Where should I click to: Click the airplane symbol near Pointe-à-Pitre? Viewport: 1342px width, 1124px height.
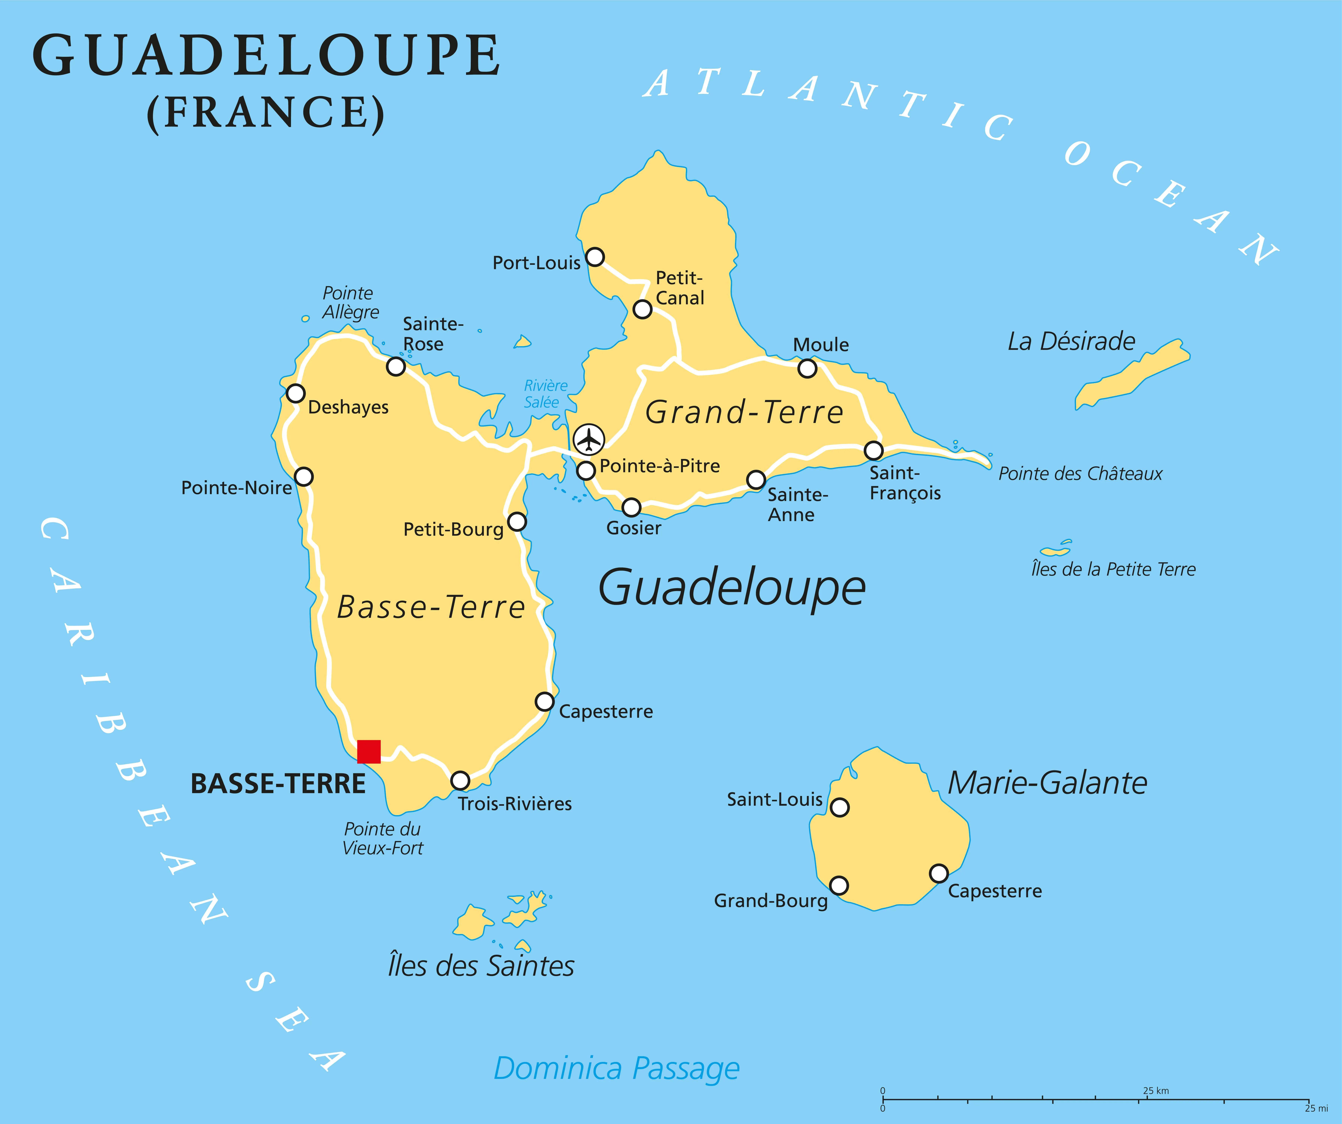click(x=589, y=439)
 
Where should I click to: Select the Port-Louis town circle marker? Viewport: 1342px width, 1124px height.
click(x=595, y=257)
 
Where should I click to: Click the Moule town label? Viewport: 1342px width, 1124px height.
click(x=821, y=345)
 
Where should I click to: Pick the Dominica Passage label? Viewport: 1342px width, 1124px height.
click(x=617, y=1068)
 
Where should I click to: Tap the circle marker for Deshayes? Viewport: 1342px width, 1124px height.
click(x=295, y=393)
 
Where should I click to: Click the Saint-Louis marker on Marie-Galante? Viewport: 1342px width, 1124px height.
click(x=840, y=808)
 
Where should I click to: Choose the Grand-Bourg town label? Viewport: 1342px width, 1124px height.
click(x=771, y=901)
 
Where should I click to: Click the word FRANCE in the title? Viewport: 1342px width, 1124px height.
click(x=266, y=113)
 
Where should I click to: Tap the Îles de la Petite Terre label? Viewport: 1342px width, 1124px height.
click(x=1113, y=569)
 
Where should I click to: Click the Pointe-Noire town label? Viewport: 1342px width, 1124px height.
click(x=236, y=488)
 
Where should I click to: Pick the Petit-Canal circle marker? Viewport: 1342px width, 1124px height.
click(x=642, y=309)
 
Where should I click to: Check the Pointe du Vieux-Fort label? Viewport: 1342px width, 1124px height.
click(x=383, y=838)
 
